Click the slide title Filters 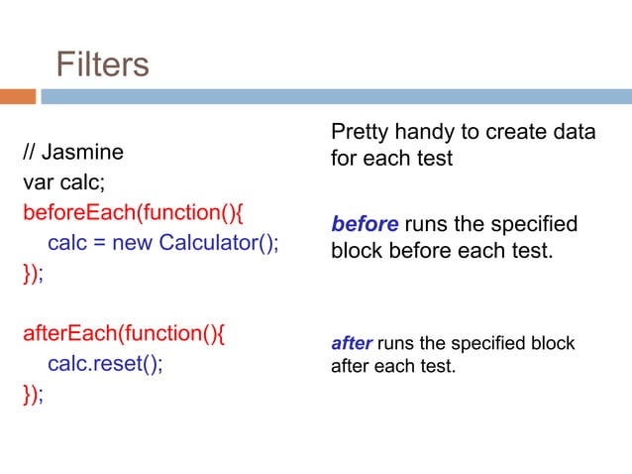(102, 64)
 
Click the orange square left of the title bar (18, 97)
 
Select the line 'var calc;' (64, 182)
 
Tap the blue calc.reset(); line (105, 363)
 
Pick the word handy (427, 132)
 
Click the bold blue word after (351, 344)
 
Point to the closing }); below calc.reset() (34, 394)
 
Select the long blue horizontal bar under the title (337, 97)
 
